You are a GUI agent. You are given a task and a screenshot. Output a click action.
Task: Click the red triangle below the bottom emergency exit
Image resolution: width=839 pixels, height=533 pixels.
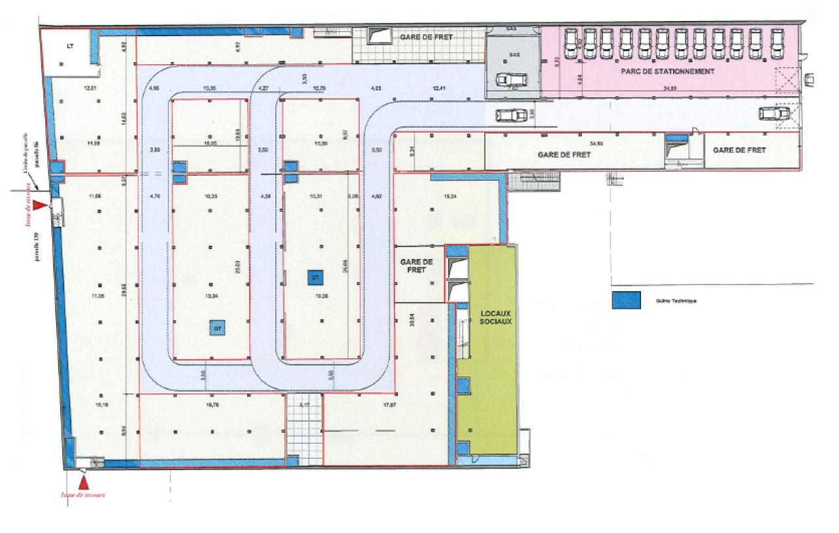(84, 483)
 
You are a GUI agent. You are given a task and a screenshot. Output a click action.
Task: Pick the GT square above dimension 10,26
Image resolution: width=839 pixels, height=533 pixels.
(315, 277)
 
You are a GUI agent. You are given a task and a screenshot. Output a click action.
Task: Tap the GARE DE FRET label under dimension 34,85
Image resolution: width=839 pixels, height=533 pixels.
(564, 155)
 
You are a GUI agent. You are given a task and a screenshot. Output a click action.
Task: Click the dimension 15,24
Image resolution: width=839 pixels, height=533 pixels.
(450, 195)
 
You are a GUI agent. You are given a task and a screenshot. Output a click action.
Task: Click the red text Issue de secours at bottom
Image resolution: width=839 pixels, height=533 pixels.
(84, 495)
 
